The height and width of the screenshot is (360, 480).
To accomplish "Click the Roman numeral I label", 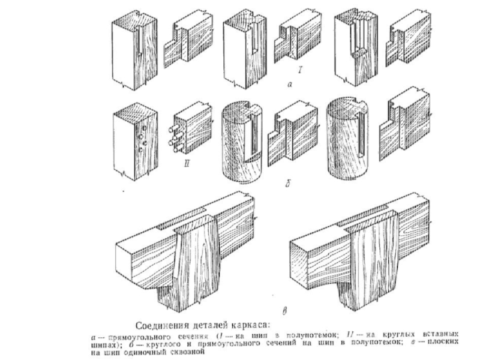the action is pos(300,71).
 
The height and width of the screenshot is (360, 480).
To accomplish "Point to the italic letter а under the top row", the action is pos(290,85).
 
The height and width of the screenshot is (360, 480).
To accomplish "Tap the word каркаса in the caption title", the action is pos(251,326).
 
